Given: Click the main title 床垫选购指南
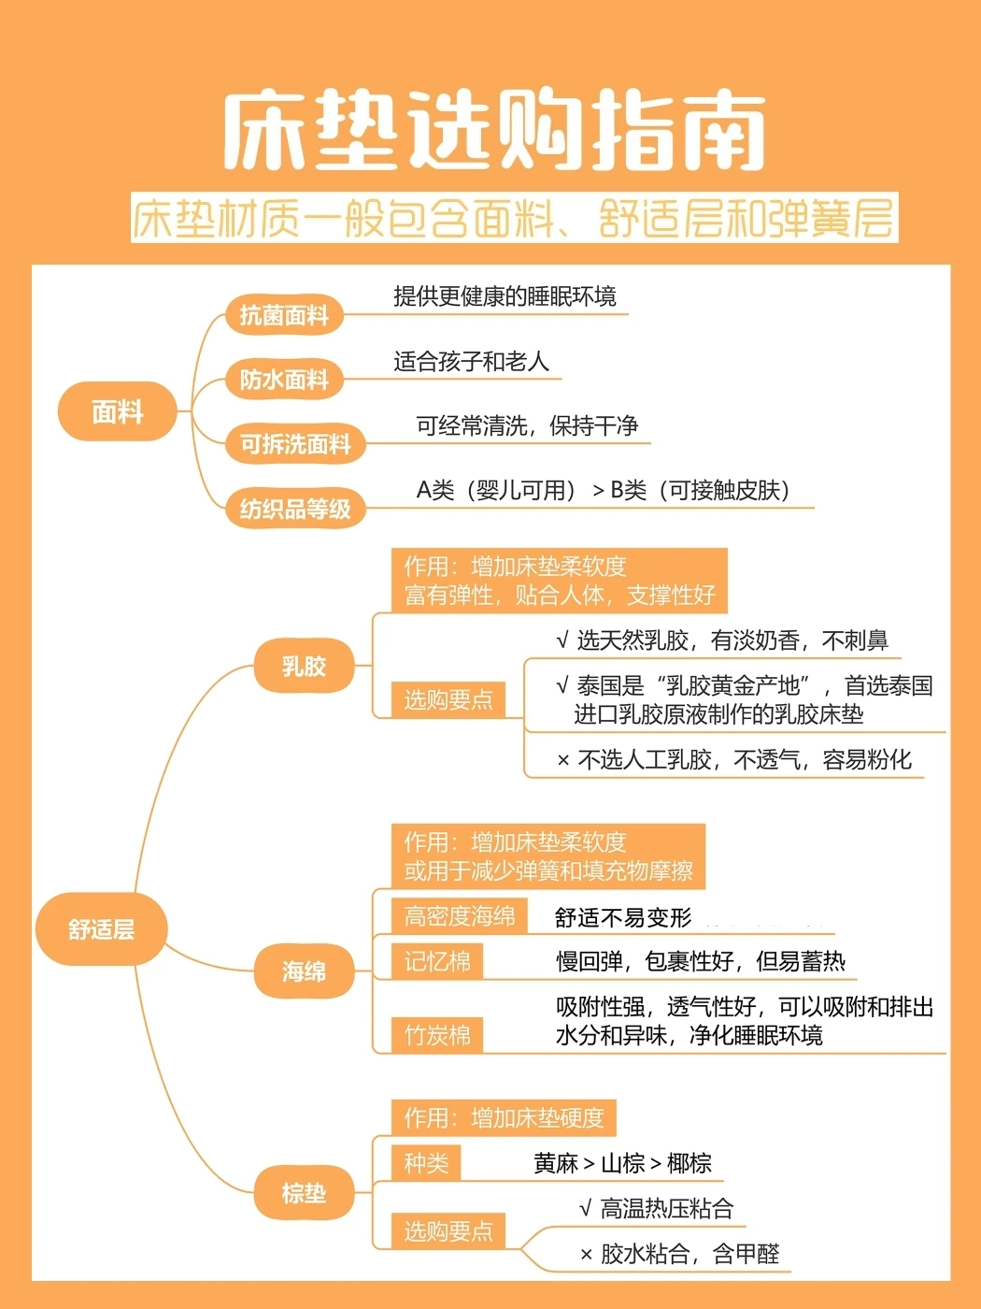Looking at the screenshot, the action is coord(493,131).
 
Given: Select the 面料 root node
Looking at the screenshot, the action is coord(117,411).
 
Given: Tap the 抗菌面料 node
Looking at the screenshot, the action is coord(284,315).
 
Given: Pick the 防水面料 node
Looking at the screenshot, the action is coord(284,380).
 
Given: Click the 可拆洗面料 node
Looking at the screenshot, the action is coord(295,444).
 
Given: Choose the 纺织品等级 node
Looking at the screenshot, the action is coord(295,509).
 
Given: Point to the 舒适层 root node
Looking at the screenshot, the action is coord(101,929).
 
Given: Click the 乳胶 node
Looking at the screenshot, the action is coord(304,667).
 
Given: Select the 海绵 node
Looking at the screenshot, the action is coord(304,971).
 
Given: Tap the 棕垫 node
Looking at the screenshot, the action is coord(304,1193).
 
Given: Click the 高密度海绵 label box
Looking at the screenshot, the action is coord(460,916).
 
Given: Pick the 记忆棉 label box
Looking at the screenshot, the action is coord(437,961).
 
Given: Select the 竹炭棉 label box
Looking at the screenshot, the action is coord(437,1035).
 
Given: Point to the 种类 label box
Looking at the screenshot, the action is coord(426,1163).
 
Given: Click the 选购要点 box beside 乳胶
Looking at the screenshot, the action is coord(448,699).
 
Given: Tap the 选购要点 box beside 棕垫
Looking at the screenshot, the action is coord(448,1231).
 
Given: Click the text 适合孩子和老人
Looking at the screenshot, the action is coord(471,362).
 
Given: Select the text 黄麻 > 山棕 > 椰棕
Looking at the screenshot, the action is coord(622,1163).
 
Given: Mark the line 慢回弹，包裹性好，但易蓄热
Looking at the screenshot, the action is coord(701,961).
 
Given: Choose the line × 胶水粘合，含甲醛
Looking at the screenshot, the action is coord(679,1254).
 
